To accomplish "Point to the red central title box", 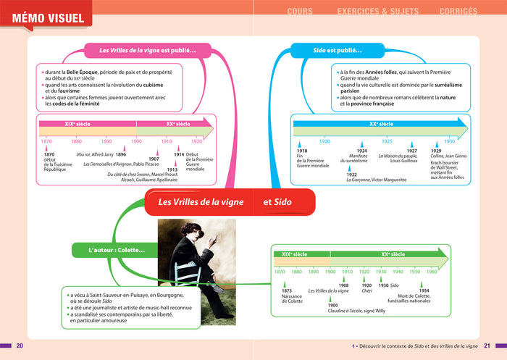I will [230, 202].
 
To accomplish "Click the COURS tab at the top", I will [300, 11].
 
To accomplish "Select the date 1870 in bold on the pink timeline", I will [49, 154].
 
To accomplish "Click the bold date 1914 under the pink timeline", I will [178, 154].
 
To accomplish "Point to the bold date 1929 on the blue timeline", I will [436, 151].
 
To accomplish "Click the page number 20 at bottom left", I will [20, 345].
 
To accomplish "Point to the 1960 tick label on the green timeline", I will [432, 272].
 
